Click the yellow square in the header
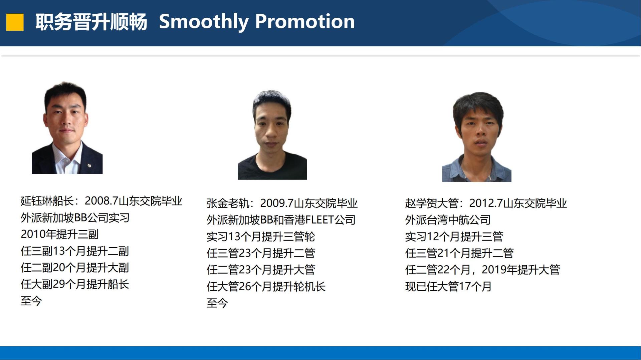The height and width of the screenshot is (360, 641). (x=15, y=22)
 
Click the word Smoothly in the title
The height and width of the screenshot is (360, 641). (x=204, y=22)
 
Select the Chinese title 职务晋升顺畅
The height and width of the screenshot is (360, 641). (x=91, y=22)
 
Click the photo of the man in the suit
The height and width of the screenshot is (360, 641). (x=67, y=128)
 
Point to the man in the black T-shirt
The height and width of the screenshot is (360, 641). (x=272, y=135)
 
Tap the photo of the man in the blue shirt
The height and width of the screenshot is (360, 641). (x=477, y=137)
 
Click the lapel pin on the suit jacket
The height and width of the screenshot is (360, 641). (x=89, y=165)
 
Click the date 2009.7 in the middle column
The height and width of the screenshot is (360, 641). (x=277, y=203)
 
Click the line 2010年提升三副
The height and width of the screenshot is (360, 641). (x=60, y=234)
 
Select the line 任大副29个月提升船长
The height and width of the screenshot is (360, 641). (x=75, y=284)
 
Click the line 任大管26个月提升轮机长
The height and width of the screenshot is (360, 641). (x=266, y=287)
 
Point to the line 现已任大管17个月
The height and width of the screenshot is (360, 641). (x=448, y=287)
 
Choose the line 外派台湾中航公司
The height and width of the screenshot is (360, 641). (x=448, y=220)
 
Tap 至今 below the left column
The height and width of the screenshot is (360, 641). (x=31, y=301)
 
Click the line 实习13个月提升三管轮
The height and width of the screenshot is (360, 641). (x=261, y=237)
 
